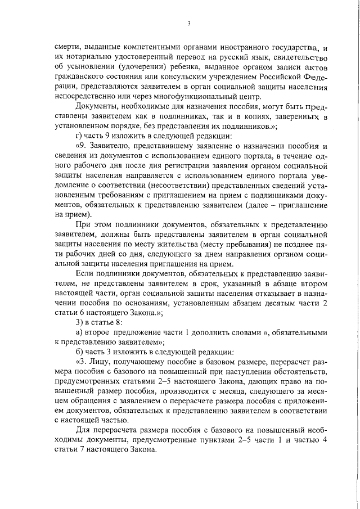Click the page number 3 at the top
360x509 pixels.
(189, 23)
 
